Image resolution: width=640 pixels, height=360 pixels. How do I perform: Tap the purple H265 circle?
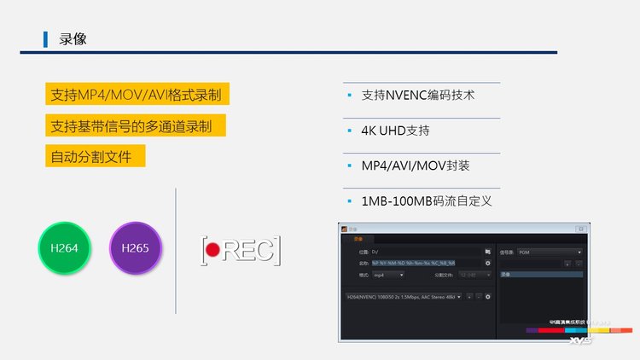[x=135, y=248]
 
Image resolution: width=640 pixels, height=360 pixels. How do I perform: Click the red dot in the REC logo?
[x=212, y=250]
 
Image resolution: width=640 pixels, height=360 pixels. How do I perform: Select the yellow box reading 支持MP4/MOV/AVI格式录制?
[x=136, y=94]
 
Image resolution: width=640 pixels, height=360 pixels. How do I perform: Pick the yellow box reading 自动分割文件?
[x=95, y=157]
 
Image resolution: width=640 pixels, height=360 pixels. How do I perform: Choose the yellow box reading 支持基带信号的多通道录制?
[x=136, y=126]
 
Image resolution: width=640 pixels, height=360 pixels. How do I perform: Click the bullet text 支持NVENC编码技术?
[x=418, y=96]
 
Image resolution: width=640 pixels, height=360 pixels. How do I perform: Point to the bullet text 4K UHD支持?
[x=395, y=131]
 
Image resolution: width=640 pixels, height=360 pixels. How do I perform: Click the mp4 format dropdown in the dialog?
[x=387, y=275]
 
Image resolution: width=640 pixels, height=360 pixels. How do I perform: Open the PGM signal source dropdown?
[x=550, y=253]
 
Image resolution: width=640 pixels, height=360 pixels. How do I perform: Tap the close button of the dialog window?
[x=580, y=229]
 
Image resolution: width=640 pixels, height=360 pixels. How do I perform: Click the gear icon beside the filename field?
[x=488, y=264]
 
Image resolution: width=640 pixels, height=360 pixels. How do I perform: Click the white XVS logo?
[x=580, y=340]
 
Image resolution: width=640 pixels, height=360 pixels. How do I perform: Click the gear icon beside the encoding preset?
[x=488, y=297]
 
